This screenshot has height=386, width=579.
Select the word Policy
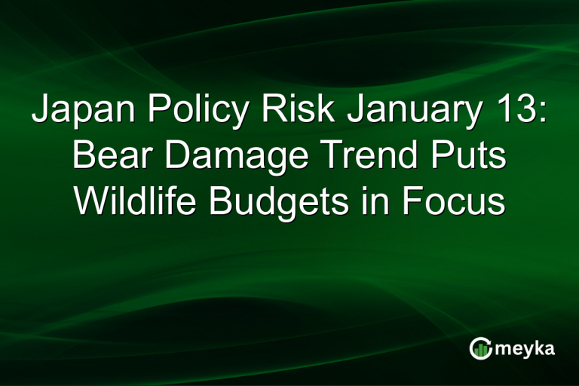coord(197,112)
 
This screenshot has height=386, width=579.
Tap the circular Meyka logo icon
coord(481,348)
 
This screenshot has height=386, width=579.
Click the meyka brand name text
coord(525,349)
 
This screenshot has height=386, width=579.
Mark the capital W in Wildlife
coord(90,201)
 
